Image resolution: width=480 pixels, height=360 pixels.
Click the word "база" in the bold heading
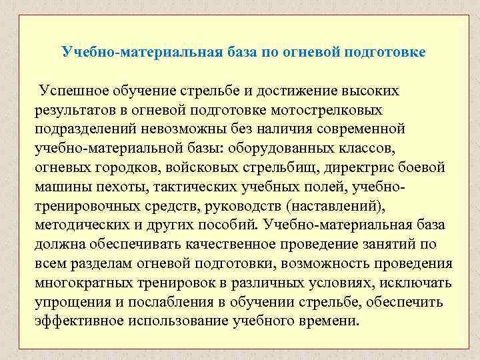pyautogui.click(x=233, y=51)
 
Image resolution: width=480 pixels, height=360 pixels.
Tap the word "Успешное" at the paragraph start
pyautogui.click(x=73, y=90)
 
